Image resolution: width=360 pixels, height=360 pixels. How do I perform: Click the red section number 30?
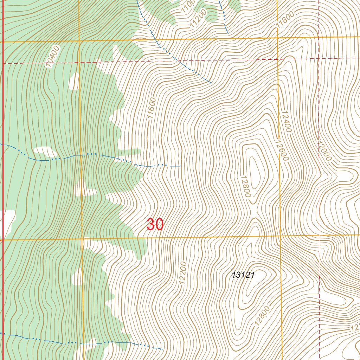point(155,224)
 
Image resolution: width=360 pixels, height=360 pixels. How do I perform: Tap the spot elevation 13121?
point(243,275)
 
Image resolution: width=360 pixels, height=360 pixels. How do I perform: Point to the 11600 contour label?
point(152,109)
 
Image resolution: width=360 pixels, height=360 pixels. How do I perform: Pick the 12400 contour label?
point(286,122)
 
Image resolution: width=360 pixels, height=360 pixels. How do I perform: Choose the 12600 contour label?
point(282,150)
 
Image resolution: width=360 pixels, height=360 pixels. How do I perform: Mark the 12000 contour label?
point(324,151)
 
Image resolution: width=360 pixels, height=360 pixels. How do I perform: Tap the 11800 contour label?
point(284,22)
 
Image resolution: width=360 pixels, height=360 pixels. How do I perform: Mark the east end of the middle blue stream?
point(180,166)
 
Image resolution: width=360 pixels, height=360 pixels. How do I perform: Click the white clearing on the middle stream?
point(45,152)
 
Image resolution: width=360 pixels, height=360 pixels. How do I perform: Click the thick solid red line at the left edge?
point(3,176)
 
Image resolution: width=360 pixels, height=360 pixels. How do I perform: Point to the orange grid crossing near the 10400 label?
point(79,41)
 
